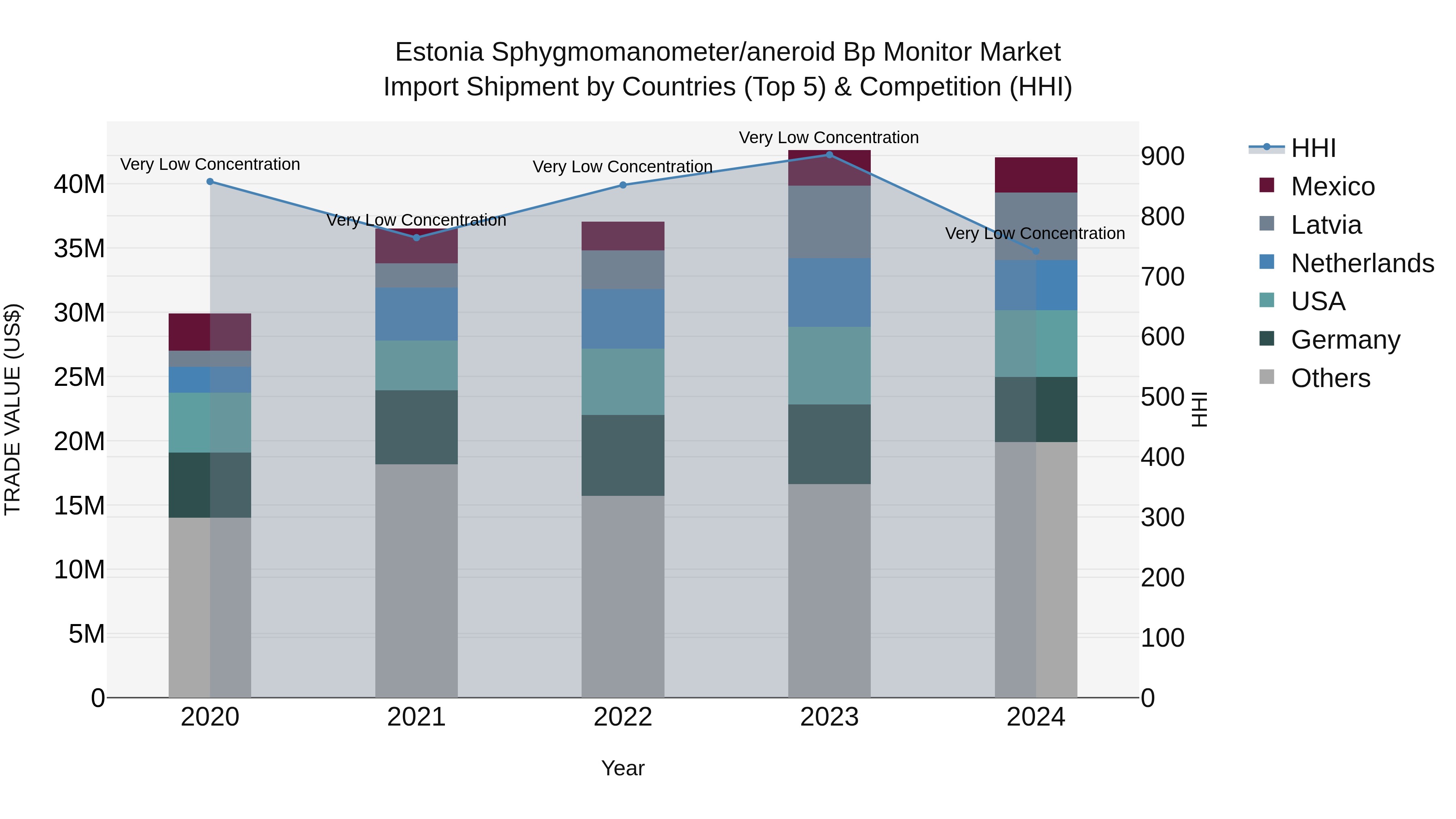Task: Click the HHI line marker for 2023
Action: coord(829,155)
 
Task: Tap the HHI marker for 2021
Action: coord(417,238)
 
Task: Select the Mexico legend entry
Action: coord(1332,186)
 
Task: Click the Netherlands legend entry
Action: coord(1362,263)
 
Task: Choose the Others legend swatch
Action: coord(1267,377)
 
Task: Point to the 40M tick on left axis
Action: coord(79,184)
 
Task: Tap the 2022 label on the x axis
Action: coord(622,717)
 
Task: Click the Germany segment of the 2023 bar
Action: coord(829,444)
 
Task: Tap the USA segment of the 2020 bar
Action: coord(210,423)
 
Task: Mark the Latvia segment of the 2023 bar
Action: coord(829,222)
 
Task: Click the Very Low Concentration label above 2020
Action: coord(210,165)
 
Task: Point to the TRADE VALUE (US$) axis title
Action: coord(13,409)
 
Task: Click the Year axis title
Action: coord(622,768)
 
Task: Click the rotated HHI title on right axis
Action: coord(1198,409)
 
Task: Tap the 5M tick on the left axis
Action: coord(86,634)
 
